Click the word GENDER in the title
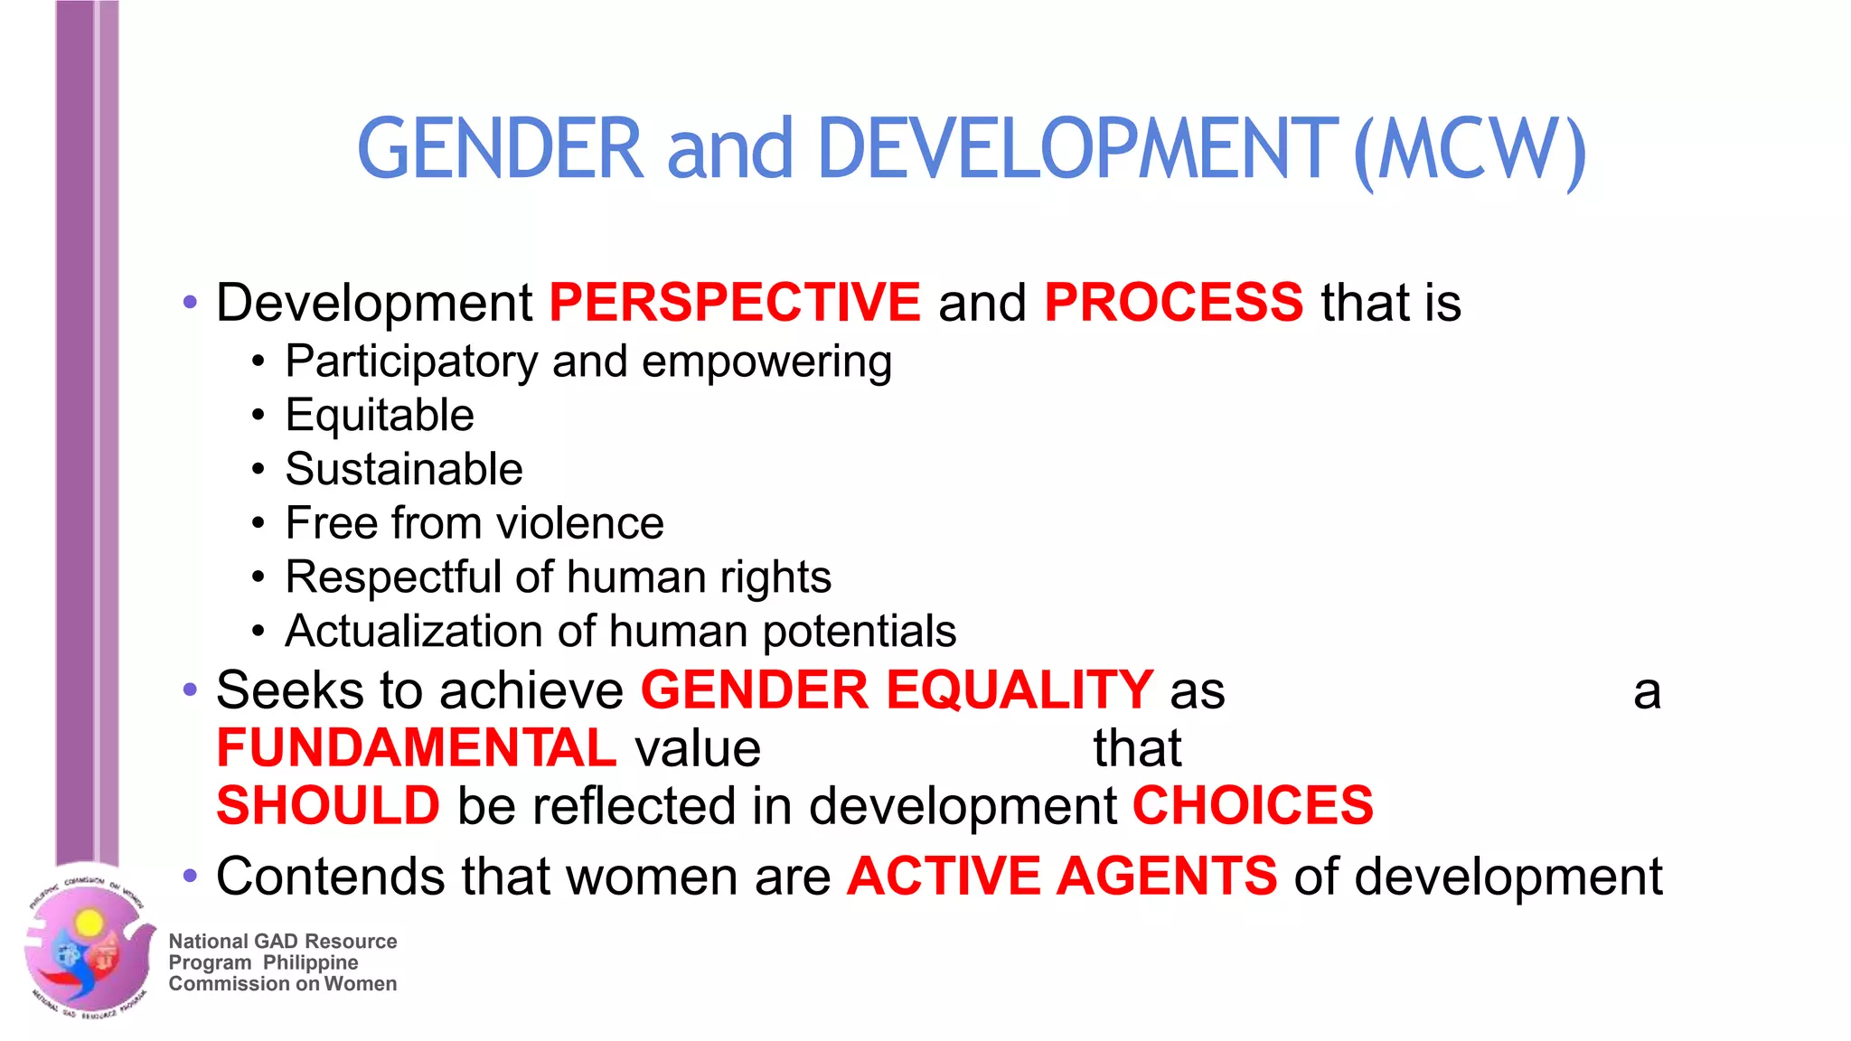tap(500, 149)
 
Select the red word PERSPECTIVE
tap(734, 302)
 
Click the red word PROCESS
tap(1173, 302)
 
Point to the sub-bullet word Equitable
tap(380, 416)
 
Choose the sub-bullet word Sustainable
tap(404, 469)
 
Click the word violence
tap(579, 523)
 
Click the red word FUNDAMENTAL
tap(417, 748)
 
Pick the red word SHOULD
tap(328, 805)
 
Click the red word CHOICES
tap(1253, 805)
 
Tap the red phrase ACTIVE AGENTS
tap(1062, 876)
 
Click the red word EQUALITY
tap(1019, 690)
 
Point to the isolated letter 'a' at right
tap(1647, 692)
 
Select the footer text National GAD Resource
tap(283, 942)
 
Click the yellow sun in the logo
tap(89, 922)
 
